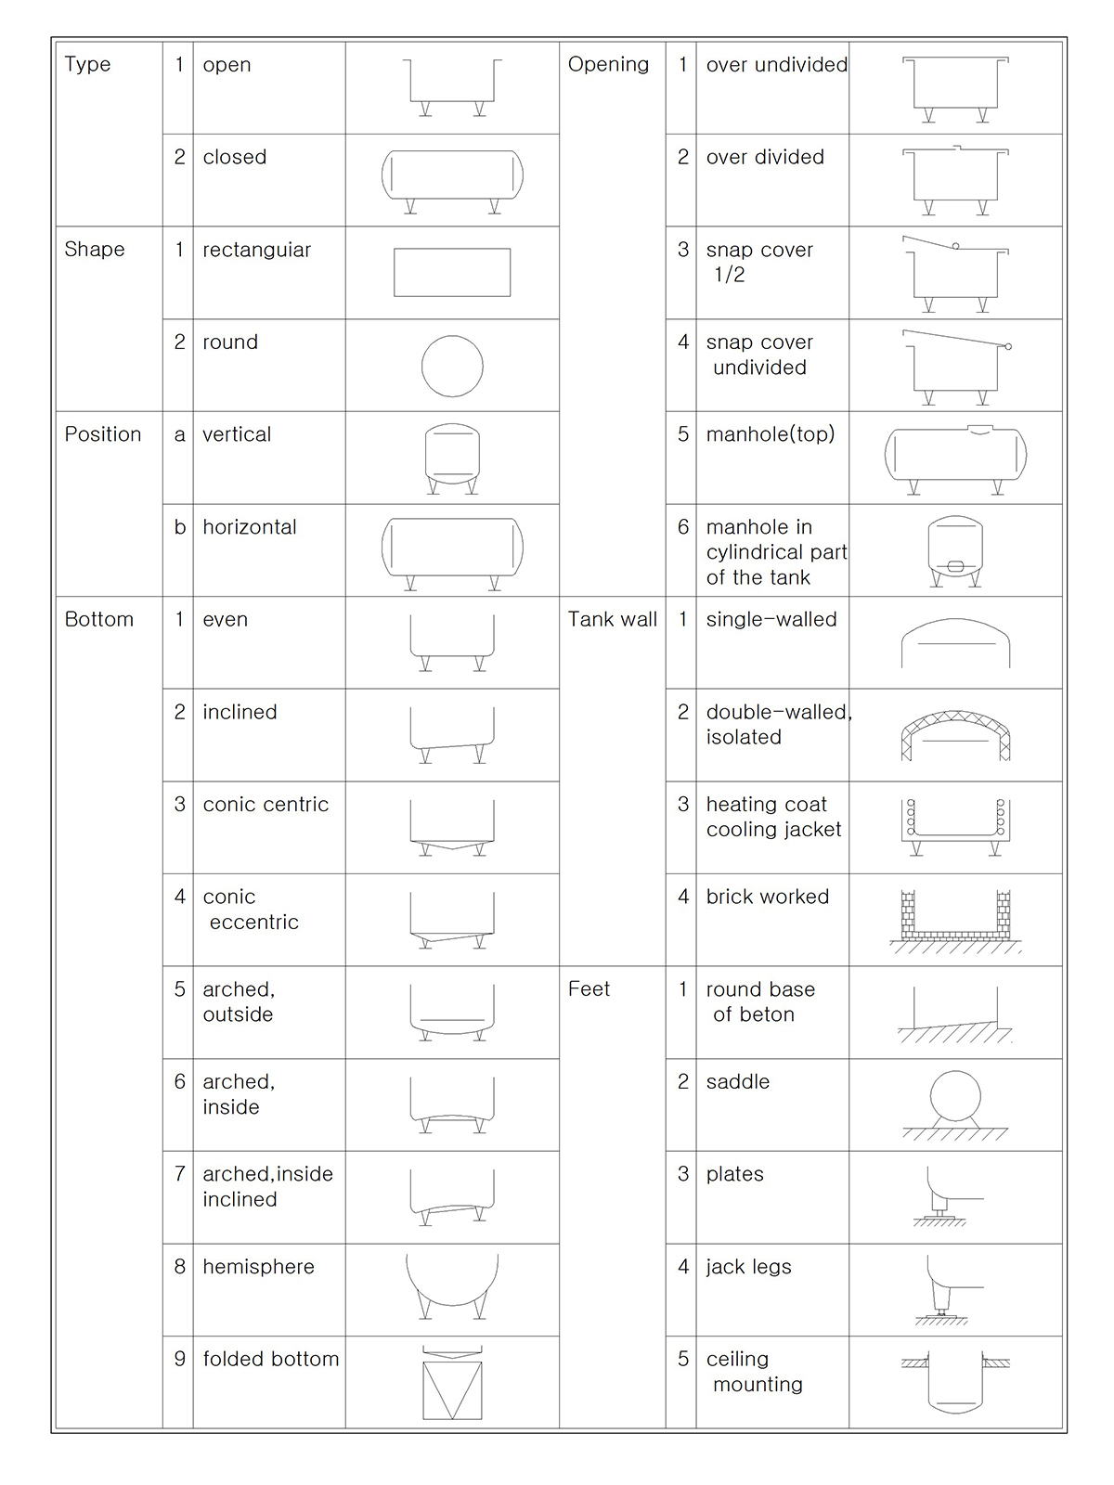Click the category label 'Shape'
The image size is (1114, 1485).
coord(95,250)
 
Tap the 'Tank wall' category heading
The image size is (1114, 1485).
coord(612,620)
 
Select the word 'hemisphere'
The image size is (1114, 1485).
coord(258,1267)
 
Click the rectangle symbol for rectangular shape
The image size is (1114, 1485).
coord(452,272)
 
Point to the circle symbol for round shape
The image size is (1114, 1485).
coord(452,366)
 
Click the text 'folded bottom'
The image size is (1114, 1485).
coord(270,1359)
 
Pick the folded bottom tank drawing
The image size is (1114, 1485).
coord(452,1383)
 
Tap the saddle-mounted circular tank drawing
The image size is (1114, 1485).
coord(955,1104)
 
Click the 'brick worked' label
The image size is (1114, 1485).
coord(767,897)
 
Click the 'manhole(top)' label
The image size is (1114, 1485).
coord(770,434)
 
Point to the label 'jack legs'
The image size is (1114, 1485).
coord(748,1267)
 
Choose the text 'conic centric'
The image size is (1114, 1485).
coord(266,805)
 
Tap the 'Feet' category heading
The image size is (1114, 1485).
coord(589,989)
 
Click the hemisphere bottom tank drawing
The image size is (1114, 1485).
coord(452,1285)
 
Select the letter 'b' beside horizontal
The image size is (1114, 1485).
coord(180,527)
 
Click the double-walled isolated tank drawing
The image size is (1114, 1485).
coord(955,735)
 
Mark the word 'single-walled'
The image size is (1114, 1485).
coord(771,620)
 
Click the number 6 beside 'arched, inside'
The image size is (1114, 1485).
coord(180,1081)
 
